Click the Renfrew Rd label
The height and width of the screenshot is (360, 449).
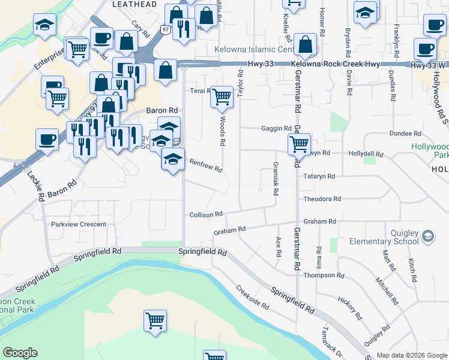tap(206, 166)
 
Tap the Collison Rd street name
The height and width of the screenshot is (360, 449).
tap(206, 214)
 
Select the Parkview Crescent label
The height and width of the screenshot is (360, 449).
tap(79, 224)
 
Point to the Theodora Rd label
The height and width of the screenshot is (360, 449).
tap(322, 199)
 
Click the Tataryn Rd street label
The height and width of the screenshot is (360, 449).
tap(319, 176)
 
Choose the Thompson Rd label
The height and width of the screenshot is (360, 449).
tap(324, 275)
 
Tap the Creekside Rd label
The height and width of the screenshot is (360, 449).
tap(252, 297)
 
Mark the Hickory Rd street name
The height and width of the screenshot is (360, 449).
tap(350, 308)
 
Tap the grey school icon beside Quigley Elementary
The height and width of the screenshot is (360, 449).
tap(427, 236)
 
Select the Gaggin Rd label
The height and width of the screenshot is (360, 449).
tap(276, 128)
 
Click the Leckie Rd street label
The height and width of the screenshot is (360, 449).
tap(35, 185)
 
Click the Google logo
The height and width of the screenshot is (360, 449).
tap(20, 353)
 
